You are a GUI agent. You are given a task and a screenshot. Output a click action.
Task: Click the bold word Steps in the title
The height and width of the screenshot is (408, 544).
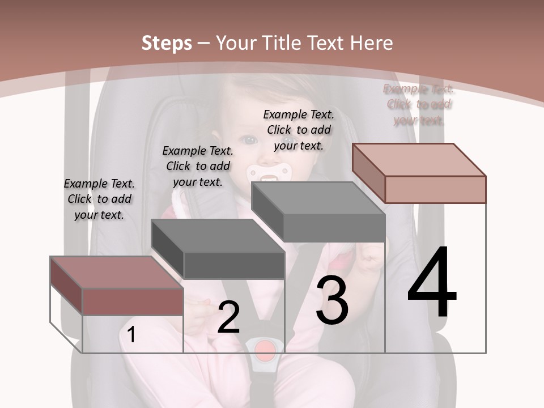(167, 43)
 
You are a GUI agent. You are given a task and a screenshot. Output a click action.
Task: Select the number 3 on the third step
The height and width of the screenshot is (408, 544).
(331, 301)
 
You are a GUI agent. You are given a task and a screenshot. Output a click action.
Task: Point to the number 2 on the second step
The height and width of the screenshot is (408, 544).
(228, 317)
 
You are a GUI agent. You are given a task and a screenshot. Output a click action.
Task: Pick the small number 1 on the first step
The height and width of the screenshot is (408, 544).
(131, 335)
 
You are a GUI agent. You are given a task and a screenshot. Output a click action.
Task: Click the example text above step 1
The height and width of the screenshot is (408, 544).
(99, 199)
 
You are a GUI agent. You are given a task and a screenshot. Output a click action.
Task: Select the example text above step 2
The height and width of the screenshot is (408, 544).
(198, 166)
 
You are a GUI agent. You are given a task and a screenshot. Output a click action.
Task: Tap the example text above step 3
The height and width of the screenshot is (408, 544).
(299, 130)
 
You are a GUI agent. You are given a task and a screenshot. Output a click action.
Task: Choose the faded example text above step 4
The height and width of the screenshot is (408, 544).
(419, 104)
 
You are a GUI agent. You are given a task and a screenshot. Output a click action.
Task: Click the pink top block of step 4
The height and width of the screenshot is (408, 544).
(419, 173)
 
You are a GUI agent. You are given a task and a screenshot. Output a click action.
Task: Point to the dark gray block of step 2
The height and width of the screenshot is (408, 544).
(218, 249)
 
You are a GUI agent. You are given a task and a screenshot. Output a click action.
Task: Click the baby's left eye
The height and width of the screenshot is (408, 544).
(288, 140)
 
